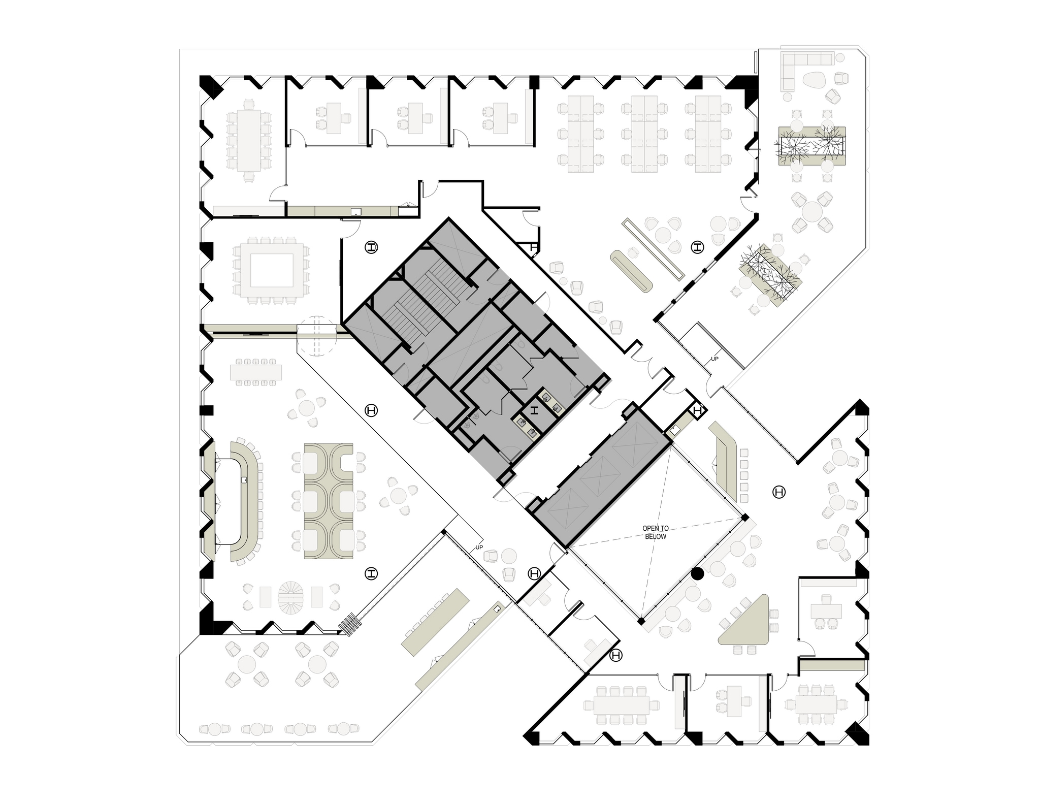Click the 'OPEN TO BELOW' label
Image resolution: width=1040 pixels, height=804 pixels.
click(655, 532)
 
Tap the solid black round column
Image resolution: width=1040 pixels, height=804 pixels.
click(698, 573)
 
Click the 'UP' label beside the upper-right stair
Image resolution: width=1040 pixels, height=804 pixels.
click(714, 359)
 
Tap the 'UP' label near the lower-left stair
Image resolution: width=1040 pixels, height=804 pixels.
click(479, 548)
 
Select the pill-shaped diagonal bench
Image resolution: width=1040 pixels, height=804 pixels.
click(632, 271)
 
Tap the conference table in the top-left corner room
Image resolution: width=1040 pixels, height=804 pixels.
click(248, 140)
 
